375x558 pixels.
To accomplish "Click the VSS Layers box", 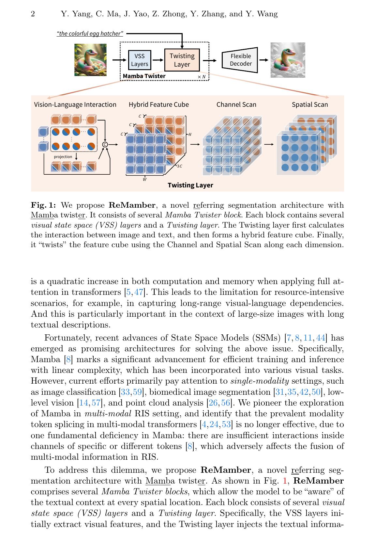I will click(140, 60).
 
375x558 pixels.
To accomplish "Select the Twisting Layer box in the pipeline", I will click(182, 60).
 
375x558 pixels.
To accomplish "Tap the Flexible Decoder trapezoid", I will click(240, 60).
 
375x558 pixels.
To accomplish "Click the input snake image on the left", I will click(90, 60).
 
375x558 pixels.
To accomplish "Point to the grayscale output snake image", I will click(288, 60).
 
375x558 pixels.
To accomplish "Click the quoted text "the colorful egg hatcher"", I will click(90, 34).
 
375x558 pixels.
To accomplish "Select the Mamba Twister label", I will click(144, 76).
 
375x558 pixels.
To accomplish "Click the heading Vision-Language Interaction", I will click(75, 104).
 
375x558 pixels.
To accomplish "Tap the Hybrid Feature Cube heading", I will click(159, 104).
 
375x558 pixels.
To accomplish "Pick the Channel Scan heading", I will click(236, 104).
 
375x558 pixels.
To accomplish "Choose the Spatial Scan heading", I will click(310, 104).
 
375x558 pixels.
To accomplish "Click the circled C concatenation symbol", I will click(105, 145).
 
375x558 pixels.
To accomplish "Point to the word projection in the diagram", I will click(63, 157).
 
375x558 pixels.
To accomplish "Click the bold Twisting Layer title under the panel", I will click(190, 185).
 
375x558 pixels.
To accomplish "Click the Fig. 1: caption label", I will click(43, 205).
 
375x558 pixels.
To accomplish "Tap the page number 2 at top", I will click(33, 14).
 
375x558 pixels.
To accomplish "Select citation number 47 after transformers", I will click(139, 292).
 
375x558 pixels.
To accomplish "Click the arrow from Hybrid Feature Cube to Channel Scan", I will click(195, 144).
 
